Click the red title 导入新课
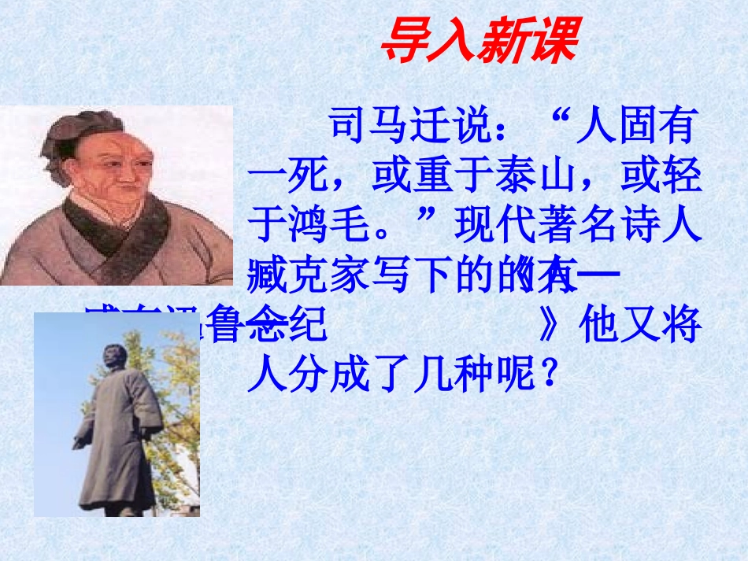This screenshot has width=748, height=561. coord(479,42)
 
